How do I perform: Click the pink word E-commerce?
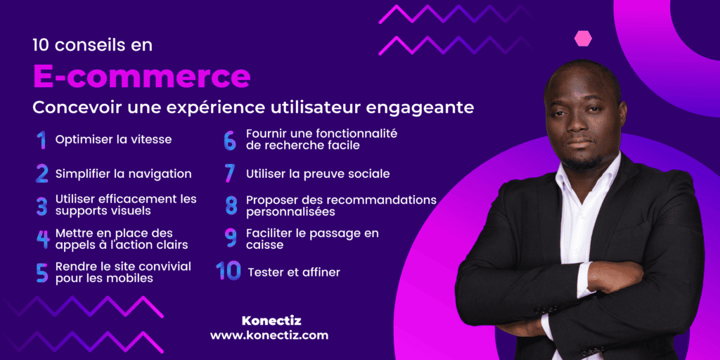[141, 76]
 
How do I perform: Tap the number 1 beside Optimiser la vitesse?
[41, 140]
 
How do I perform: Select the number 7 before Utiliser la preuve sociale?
[229, 173]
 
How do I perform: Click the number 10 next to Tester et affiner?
[229, 271]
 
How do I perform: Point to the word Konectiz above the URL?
[271, 321]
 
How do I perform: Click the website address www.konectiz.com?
[269, 336]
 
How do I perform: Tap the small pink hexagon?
[583, 38]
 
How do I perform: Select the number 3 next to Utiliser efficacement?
[42, 206]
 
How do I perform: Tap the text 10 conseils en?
[92, 45]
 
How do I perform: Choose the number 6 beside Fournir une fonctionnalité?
[230, 140]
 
